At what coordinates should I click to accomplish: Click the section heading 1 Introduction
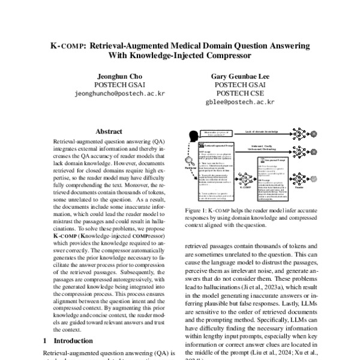pyautogui.click(x=69, y=340)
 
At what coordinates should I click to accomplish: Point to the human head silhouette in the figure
pyautogui.click(x=194, y=137)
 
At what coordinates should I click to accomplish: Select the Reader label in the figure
pyautogui.click(x=298, y=187)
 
